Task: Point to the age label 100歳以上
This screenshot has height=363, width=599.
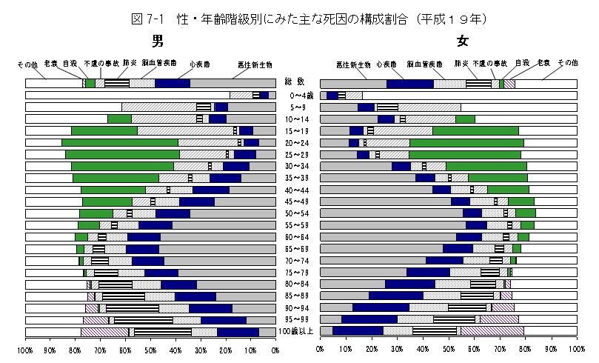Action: point(298,332)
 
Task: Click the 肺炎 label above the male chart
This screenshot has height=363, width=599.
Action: point(127,65)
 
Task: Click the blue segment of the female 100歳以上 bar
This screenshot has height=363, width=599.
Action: point(358,332)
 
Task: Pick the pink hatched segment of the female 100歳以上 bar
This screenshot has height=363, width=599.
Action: point(492,332)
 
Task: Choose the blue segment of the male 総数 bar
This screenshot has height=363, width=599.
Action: point(173,83)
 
